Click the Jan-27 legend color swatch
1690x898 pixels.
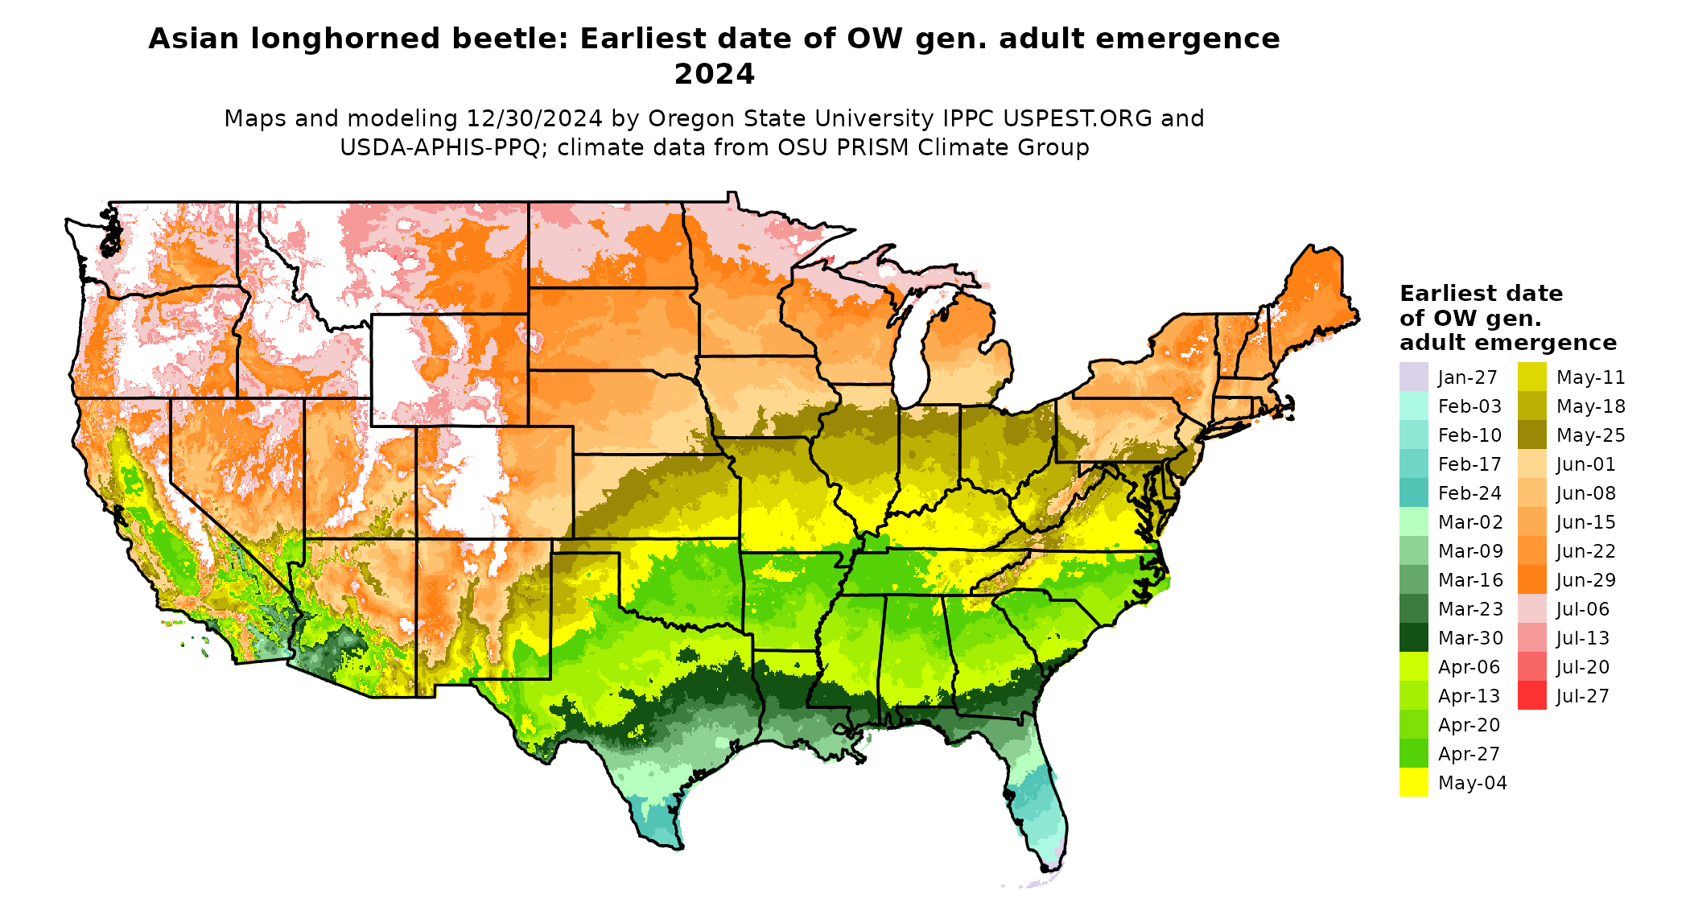(x=1413, y=377)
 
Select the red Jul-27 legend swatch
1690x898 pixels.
(x=1531, y=695)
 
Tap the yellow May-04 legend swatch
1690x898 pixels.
(x=1413, y=782)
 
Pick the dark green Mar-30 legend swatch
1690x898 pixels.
(x=1413, y=637)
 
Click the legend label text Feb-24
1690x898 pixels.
(x=1469, y=493)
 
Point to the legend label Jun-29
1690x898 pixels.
(x=1585, y=580)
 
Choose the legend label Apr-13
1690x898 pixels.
(x=1469, y=696)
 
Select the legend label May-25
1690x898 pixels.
(x=1590, y=435)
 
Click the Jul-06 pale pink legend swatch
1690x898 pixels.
(x=1531, y=608)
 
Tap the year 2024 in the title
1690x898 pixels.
(x=714, y=74)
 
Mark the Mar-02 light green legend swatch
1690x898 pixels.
(x=1413, y=521)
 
